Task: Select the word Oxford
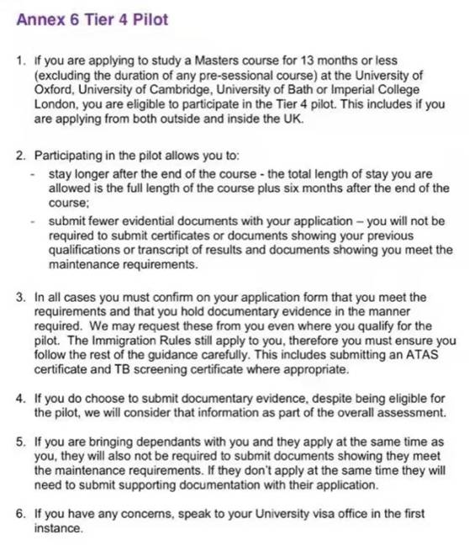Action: click(53, 90)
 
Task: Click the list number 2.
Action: click(19, 156)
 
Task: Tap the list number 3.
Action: click(19, 298)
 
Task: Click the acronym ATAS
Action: click(424, 355)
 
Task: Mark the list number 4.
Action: click(19, 400)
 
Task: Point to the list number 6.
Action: click(19, 514)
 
